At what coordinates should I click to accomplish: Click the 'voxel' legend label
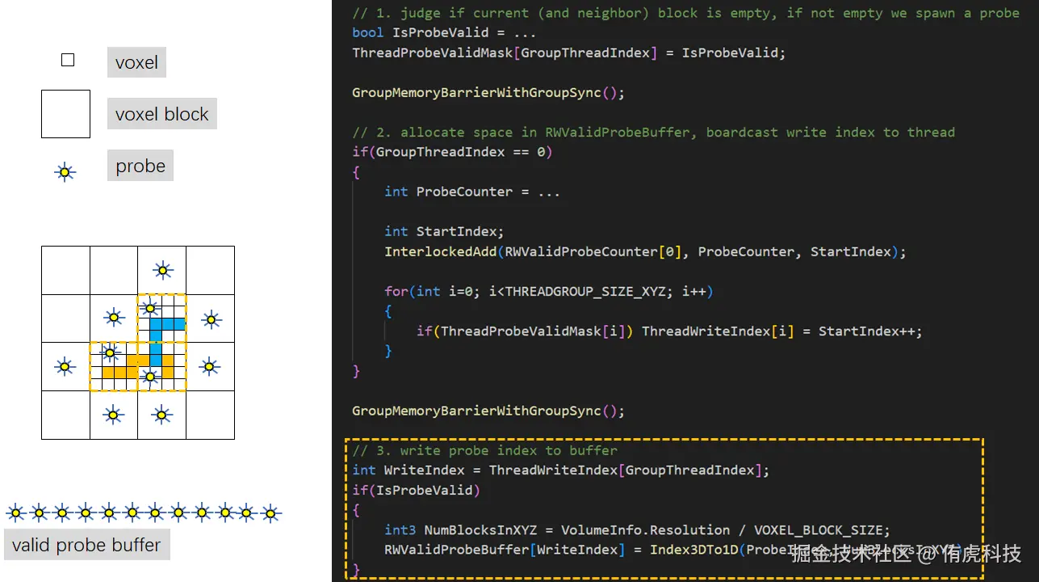136,62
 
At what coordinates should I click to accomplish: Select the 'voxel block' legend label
161,114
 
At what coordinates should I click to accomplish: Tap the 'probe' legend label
140,166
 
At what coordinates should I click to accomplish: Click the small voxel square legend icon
68,60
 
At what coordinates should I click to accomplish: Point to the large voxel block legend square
65,114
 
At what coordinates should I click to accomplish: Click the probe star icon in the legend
65,171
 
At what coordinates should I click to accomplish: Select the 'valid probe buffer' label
86,545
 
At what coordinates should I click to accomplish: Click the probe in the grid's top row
162,270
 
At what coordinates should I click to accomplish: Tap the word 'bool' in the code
368,33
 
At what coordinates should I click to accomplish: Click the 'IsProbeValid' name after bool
440,33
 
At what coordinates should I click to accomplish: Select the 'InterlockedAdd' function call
440,251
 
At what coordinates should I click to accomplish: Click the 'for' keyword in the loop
396,291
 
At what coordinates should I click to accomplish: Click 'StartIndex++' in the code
870,331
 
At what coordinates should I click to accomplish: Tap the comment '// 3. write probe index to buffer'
484,450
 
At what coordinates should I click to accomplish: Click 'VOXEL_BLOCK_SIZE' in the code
822,530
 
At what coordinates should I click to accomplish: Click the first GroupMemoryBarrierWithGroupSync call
488,92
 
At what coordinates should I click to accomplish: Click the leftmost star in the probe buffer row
15,512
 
